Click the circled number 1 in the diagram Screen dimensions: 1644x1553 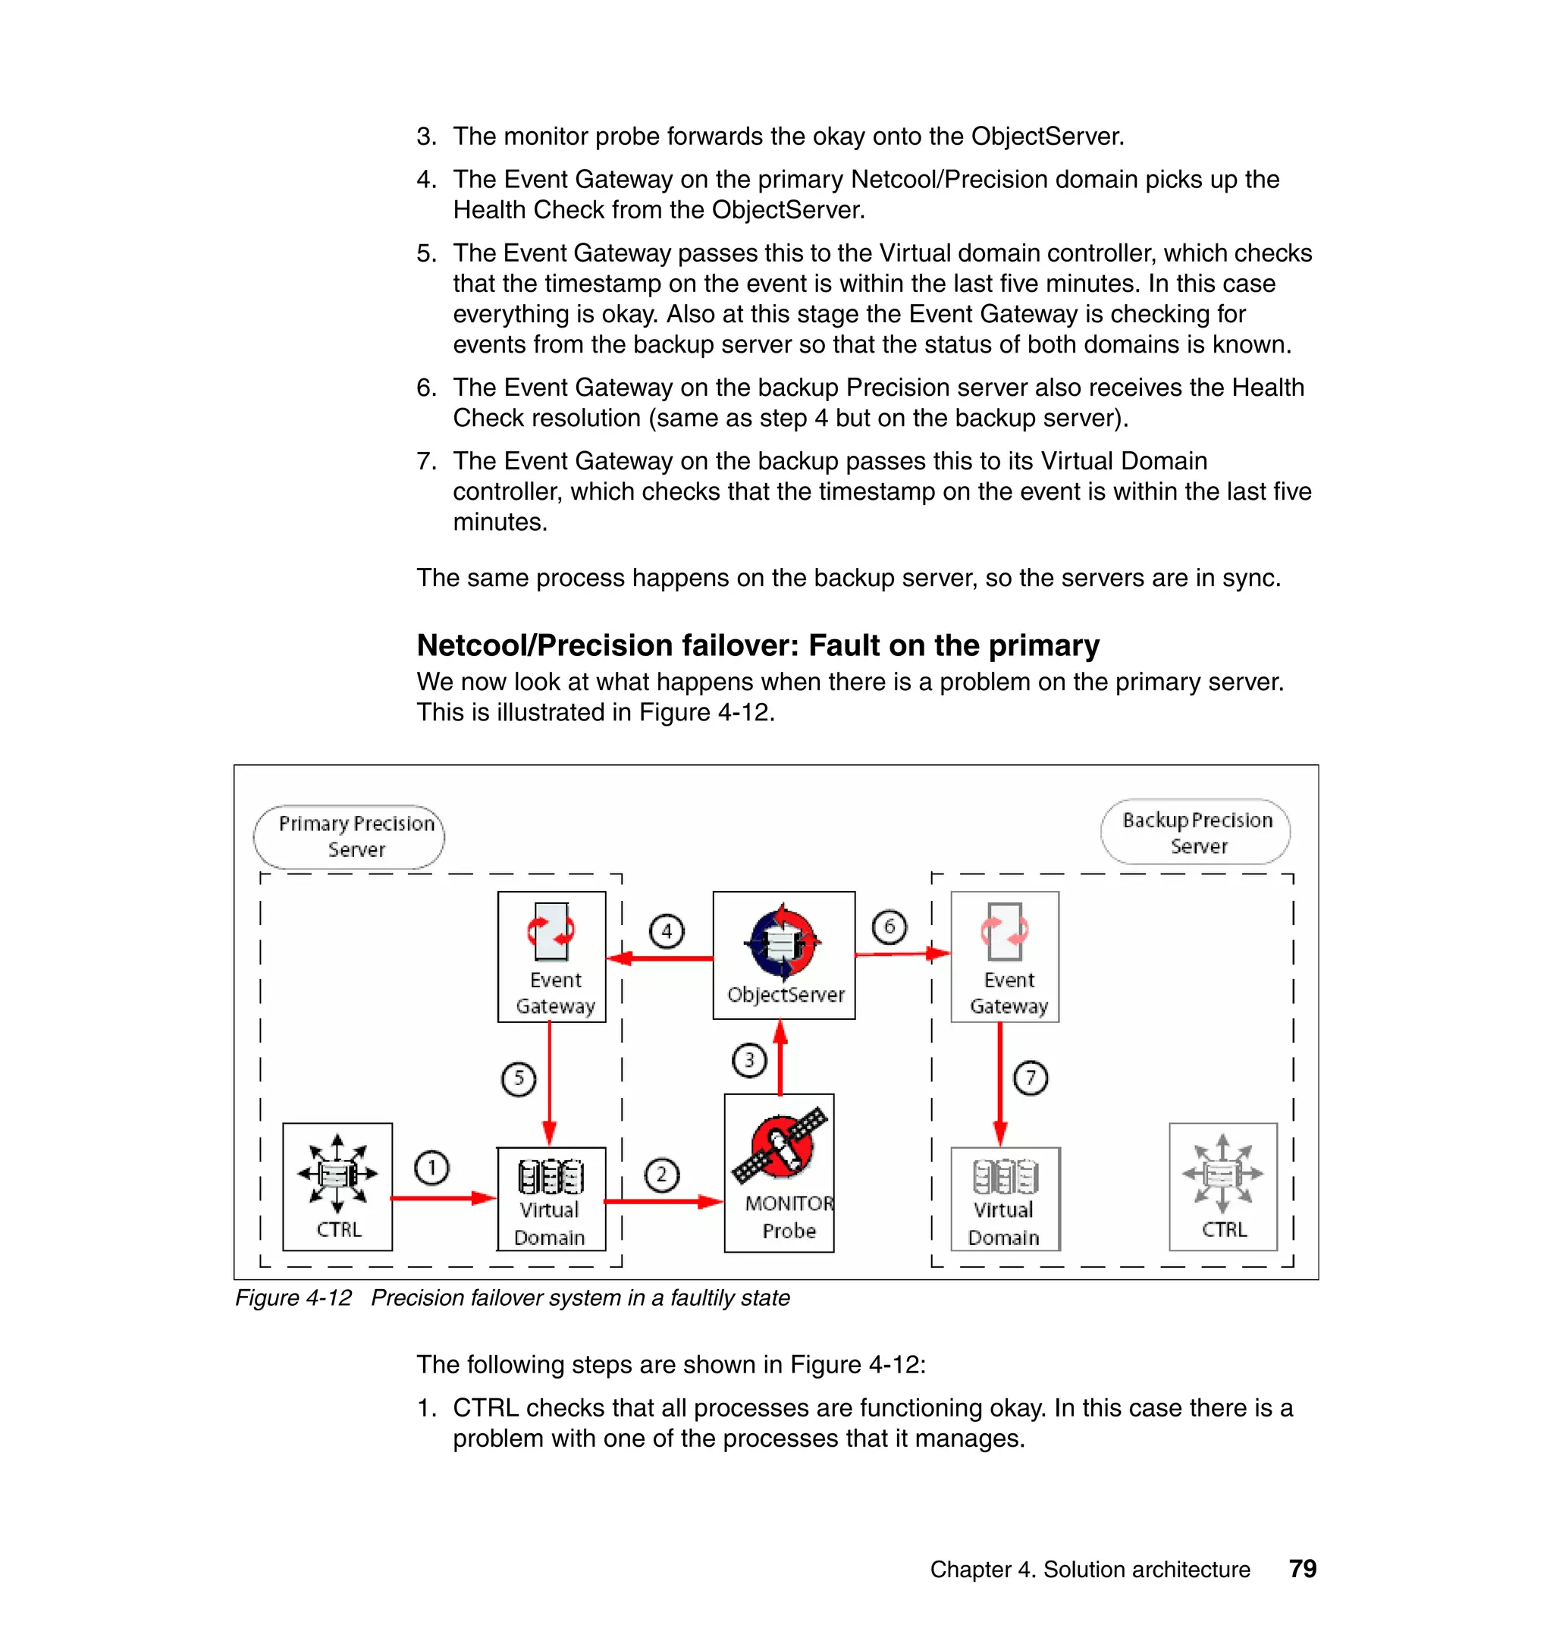(431, 1168)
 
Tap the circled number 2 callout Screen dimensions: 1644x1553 (661, 1175)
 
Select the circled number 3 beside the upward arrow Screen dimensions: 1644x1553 (749, 1060)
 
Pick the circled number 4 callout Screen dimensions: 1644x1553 (667, 931)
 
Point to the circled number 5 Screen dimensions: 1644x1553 (519, 1078)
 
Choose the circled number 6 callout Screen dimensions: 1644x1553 (889, 927)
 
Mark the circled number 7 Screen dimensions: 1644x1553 (1031, 1078)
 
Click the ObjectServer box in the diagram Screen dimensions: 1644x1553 (784, 955)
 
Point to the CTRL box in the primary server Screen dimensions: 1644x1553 (337, 1186)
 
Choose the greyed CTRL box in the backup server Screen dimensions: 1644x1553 (1222, 1186)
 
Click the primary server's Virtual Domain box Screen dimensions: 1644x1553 (551, 1198)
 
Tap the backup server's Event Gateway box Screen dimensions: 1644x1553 (1005, 956)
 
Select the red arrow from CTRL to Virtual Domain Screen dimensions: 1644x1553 (444, 1198)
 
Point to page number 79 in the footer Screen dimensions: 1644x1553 (1302, 1569)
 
